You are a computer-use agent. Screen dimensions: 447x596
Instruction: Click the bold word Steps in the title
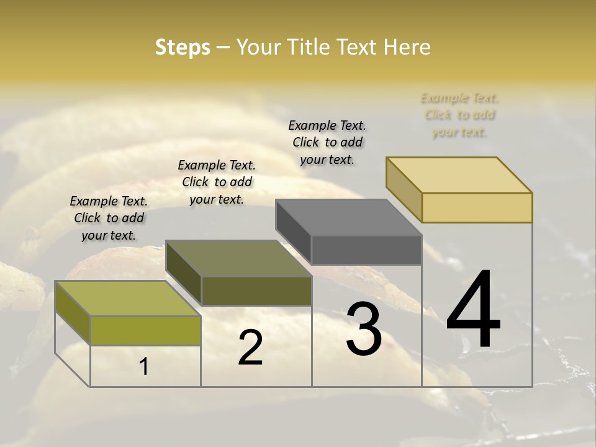point(183,47)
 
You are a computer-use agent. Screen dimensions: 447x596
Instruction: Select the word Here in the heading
point(407,47)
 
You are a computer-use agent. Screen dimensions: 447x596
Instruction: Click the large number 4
point(474,310)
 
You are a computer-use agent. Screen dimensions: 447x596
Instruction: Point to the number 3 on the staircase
point(364,329)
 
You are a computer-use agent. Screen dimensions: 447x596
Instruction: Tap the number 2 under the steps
point(250,348)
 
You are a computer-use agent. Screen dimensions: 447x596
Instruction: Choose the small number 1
point(144,367)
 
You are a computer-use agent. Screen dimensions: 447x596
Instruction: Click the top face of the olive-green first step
point(127,299)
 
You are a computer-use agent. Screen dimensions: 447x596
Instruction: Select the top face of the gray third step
point(348,217)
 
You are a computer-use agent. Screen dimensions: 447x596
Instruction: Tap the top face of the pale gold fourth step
point(459,174)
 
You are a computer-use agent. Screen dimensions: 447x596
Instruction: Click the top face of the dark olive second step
point(238,258)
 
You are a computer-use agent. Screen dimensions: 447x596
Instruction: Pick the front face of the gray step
point(366,250)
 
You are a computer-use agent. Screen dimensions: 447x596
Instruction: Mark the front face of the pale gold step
point(477,207)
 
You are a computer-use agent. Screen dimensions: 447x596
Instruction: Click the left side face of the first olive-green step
point(73,314)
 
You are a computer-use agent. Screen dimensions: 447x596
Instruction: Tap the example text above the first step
point(109,218)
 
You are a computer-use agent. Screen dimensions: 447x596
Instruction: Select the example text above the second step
point(217,182)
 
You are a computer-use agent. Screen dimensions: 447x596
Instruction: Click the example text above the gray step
point(327,142)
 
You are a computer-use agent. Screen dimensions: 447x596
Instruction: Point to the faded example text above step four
point(459,115)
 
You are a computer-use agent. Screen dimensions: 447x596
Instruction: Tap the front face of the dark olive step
point(256,291)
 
